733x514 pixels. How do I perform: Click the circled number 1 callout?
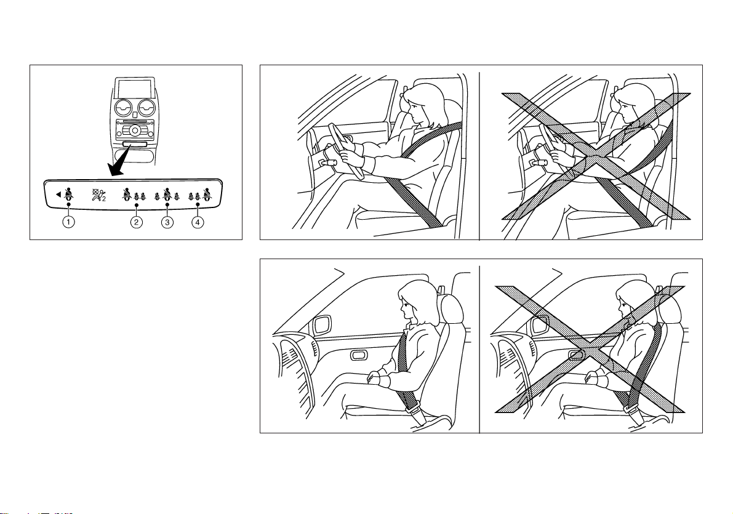point(69,222)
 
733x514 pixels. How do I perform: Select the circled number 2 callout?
point(136,222)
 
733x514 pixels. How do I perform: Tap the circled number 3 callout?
point(167,222)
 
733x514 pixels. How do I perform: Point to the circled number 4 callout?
point(198,222)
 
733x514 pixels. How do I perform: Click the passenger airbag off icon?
point(98,195)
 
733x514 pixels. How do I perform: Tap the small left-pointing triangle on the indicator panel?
point(58,194)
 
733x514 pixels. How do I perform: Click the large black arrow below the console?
point(119,161)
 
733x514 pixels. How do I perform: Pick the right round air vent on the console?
point(147,108)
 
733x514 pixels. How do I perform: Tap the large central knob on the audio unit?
point(135,130)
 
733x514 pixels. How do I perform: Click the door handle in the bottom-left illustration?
point(359,355)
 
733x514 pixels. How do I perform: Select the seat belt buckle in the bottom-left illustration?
point(415,412)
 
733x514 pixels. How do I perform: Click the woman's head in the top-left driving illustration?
point(422,105)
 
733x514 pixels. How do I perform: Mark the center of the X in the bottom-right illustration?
point(590,350)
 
